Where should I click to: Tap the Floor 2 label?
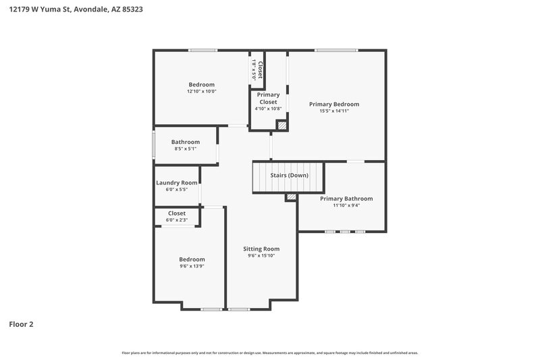[x=21, y=324]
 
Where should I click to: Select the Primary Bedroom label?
[x=334, y=104]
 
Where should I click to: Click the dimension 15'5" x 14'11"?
[x=334, y=111]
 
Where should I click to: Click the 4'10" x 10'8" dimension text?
[x=268, y=109]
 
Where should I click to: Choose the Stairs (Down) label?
[x=289, y=176]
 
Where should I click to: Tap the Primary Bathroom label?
[x=346, y=199]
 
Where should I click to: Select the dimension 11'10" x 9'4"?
[x=346, y=205]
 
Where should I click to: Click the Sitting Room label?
[x=261, y=249]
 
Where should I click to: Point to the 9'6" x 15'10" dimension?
[x=261, y=256]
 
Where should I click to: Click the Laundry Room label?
[x=177, y=182]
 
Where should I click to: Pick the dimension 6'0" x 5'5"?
[x=177, y=190]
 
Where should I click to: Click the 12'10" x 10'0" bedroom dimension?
[x=202, y=91]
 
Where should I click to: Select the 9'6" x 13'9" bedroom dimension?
[x=192, y=266]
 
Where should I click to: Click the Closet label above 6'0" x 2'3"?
[x=177, y=213]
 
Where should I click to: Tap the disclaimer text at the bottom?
[x=270, y=353]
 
